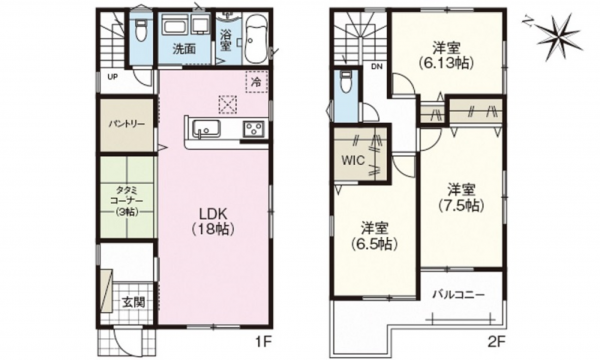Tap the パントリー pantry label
pyautogui.click(x=127, y=124)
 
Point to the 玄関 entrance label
pyautogui.click(x=133, y=300)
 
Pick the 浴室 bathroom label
pyautogui.click(x=226, y=41)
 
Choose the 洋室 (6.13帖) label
pyautogui.click(x=445, y=53)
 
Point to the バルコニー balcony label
pyautogui.click(x=458, y=295)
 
